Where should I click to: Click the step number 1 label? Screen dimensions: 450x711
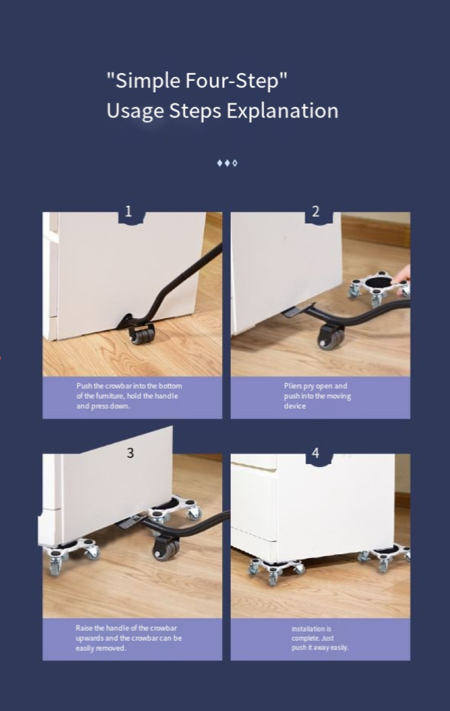pos(128,211)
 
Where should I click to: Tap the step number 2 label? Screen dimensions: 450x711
pos(316,211)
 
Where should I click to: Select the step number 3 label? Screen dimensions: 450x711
pos(130,453)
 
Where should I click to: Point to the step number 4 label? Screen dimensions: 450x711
pos(316,453)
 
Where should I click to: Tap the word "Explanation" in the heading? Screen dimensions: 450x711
pos(282,111)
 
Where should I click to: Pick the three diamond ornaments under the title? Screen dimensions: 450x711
pos(227,163)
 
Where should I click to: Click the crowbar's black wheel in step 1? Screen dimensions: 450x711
pos(141,334)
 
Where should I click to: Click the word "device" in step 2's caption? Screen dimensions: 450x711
pos(295,406)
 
